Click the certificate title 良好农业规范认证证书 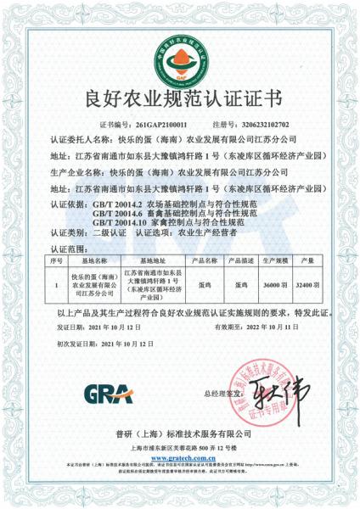click(x=179, y=97)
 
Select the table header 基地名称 click(x=91, y=260)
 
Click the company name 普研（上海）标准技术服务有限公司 click(x=180, y=433)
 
